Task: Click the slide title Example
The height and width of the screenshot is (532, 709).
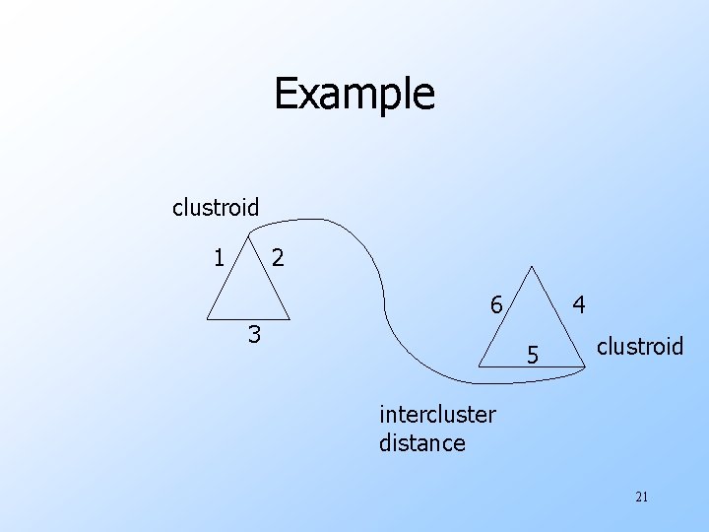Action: tap(354, 95)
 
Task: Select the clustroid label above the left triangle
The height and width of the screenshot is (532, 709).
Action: tap(216, 208)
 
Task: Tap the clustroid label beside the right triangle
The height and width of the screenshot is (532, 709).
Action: tap(640, 346)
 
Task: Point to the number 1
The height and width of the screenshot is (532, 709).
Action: tap(219, 258)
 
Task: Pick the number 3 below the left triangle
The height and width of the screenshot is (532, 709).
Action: tap(254, 335)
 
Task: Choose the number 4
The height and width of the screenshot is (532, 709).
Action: tap(581, 306)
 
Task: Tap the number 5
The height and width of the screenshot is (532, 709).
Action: tap(532, 352)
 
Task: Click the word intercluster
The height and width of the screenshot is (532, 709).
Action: tap(437, 415)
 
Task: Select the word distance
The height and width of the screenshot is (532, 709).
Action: tap(421, 442)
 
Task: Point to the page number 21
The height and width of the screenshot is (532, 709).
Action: tap(642, 497)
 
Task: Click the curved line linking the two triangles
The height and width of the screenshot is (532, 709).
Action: tap(374, 266)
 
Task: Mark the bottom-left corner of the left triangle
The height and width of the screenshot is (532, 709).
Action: tap(208, 317)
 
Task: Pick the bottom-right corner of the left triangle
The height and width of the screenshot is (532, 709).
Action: tap(288, 317)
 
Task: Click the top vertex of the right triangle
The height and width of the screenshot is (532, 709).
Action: tap(532, 266)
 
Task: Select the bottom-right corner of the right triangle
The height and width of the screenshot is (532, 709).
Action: tap(585, 366)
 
